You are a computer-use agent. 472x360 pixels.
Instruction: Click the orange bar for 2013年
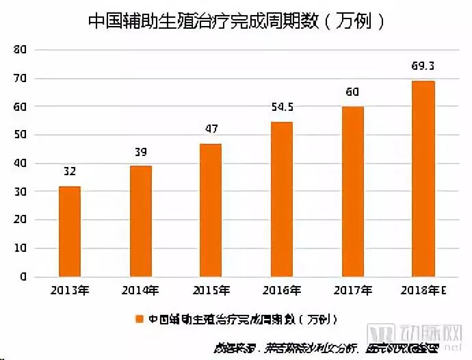pos(69,231)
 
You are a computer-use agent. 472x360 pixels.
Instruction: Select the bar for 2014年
pos(140,221)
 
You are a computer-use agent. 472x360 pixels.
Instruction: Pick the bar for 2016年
pos(281,199)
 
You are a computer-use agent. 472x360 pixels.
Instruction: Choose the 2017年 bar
pos(352,192)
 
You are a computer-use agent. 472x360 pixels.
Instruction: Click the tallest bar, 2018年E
pos(423,179)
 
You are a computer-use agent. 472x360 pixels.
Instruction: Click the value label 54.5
pos(282,108)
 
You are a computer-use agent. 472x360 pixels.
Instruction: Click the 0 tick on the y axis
pos(23,277)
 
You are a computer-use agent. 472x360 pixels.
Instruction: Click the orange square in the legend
pos(139,319)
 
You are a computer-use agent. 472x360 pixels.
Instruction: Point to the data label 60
pos(352,92)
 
